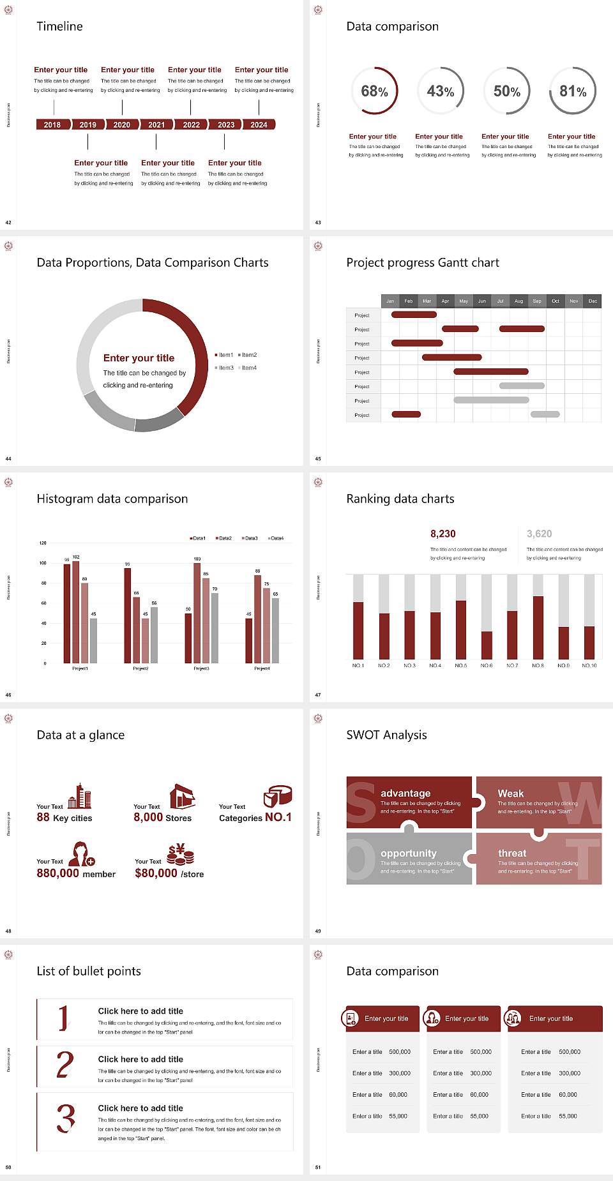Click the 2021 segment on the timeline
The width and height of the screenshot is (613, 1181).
(x=156, y=124)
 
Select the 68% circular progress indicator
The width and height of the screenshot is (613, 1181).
(x=374, y=91)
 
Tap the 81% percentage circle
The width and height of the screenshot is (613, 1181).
(x=573, y=91)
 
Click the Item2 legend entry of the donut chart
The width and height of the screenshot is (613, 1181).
(x=248, y=355)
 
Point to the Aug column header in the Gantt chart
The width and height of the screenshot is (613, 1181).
(x=518, y=301)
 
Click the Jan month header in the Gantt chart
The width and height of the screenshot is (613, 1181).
(x=390, y=301)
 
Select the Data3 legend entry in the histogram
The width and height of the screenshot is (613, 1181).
(x=250, y=538)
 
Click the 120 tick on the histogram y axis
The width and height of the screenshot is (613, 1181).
(x=43, y=543)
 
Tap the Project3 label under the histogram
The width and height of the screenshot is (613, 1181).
(x=201, y=668)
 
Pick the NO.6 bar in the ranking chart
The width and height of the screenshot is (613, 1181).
(x=487, y=645)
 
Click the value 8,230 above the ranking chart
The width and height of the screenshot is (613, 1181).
(x=443, y=534)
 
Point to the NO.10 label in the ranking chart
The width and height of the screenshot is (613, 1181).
(x=589, y=665)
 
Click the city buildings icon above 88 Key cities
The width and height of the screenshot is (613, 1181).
(x=80, y=796)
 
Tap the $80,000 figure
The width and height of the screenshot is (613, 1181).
(x=156, y=873)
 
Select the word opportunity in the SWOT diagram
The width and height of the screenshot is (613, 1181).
(x=409, y=854)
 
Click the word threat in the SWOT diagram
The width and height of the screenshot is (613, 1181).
(x=512, y=854)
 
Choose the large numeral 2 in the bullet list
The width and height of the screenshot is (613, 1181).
(x=65, y=1065)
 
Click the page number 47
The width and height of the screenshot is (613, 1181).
(x=318, y=695)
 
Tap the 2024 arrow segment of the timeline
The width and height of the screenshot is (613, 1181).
(x=259, y=124)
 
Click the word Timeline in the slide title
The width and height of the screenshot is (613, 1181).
(x=59, y=26)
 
